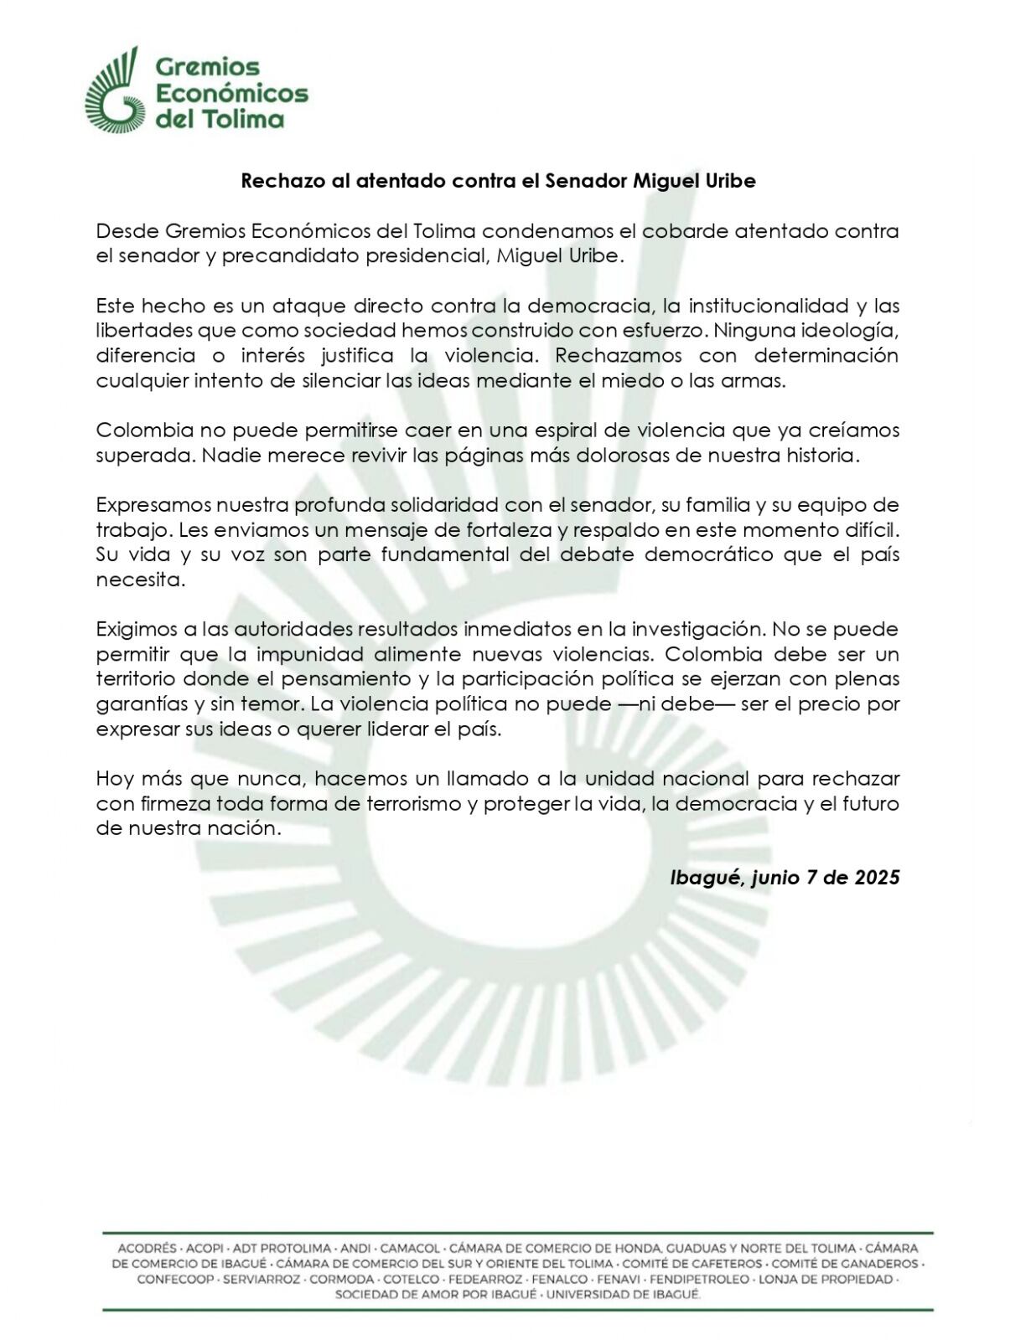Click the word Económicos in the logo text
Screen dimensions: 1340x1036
coord(232,92)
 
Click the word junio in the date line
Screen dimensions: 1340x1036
coord(775,877)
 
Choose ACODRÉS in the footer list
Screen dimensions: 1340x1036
coord(147,1248)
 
